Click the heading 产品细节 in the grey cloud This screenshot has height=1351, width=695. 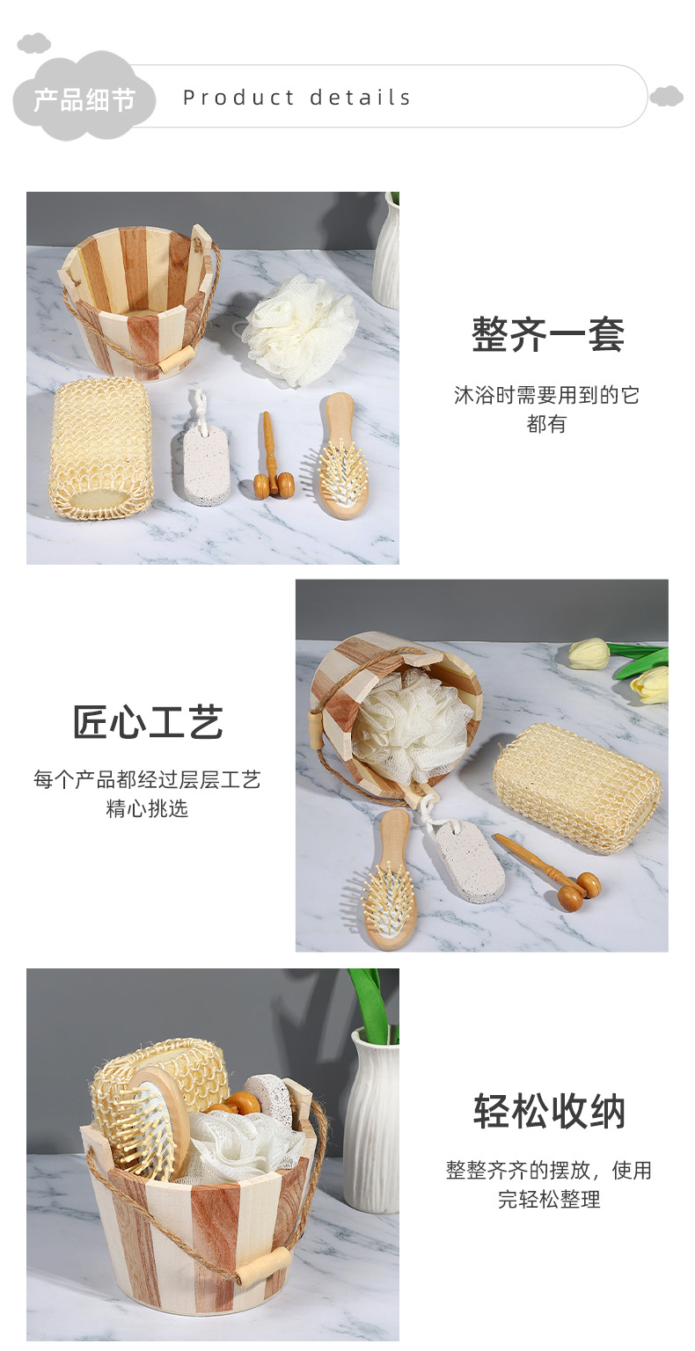(x=84, y=99)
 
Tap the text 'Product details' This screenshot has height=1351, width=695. (x=296, y=98)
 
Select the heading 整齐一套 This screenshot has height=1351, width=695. (x=547, y=335)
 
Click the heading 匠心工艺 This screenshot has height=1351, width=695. (x=148, y=723)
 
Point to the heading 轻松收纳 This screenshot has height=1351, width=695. (x=549, y=1111)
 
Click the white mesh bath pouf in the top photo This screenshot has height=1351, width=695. (x=300, y=328)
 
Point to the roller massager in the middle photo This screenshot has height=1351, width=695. (x=554, y=874)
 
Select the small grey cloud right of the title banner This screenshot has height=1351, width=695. (x=667, y=96)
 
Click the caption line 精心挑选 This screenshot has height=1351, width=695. (x=147, y=809)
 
